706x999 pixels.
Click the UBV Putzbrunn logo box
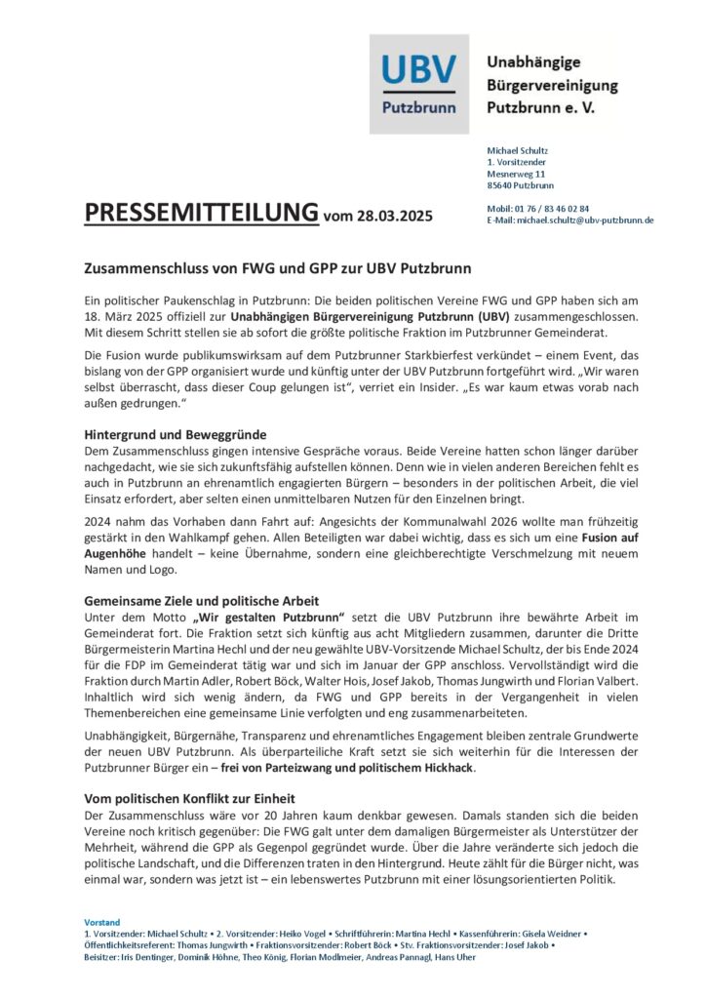418,84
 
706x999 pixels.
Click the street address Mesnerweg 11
516,173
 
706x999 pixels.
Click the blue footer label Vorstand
101,921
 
